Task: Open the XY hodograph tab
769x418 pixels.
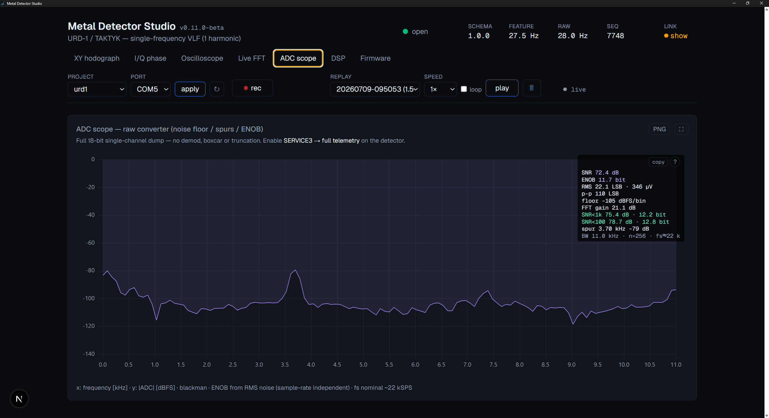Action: click(x=97, y=58)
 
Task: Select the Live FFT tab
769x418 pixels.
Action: click(x=251, y=58)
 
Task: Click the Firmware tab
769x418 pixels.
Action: click(x=375, y=58)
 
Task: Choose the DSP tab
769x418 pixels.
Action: click(x=338, y=58)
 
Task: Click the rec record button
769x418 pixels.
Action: click(x=252, y=88)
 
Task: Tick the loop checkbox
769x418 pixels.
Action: click(x=464, y=89)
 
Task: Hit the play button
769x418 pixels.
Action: click(x=502, y=88)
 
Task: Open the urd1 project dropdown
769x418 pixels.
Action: click(x=97, y=89)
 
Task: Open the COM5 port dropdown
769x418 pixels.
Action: click(x=150, y=89)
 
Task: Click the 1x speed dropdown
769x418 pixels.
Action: click(x=440, y=89)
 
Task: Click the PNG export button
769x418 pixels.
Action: click(x=659, y=129)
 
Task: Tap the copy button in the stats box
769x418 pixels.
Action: click(x=658, y=162)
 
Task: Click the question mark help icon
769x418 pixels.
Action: click(x=675, y=162)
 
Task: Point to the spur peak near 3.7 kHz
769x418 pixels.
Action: click(x=295, y=270)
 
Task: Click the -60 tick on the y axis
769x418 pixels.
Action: click(x=90, y=243)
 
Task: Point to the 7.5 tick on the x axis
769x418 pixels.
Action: click(x=493, y=365)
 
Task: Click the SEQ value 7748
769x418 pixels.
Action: click(x=615, y=36)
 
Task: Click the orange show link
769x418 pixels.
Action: click(x=679, y=36)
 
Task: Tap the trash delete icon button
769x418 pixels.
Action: click(x=532, y=88)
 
